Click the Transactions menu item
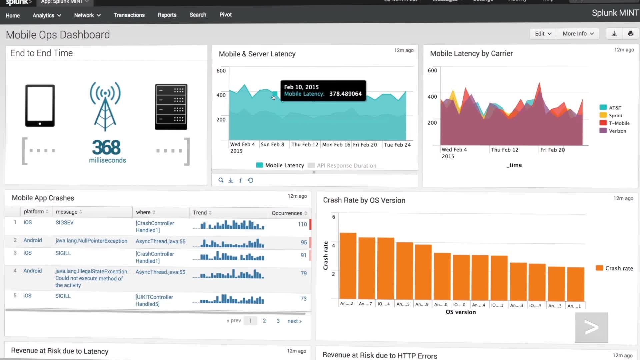tap(129, 15)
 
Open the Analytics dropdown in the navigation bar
tap(47, 15)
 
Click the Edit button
tap(543, 34)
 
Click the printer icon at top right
tap(630, 34)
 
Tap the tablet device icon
tap(40, 106)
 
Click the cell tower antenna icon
tap(105, 106)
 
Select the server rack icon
tap(171, 107)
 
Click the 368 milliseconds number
tap(106, 148)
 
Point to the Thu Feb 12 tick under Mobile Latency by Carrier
tap(504, 150)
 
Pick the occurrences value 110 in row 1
tap(302, 224)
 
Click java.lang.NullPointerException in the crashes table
tap(91, 241)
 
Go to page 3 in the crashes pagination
tap(278, 321)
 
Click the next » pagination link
tap(294, 321)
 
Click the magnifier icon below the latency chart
tap(221, 180)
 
